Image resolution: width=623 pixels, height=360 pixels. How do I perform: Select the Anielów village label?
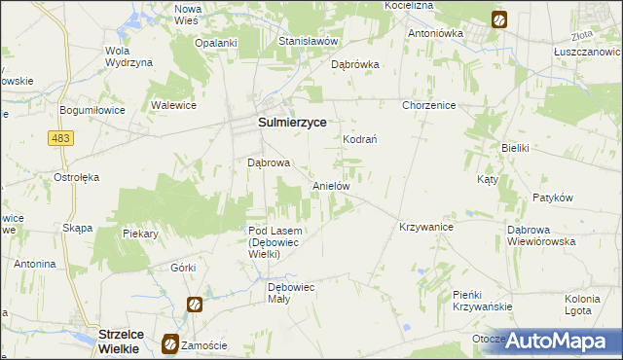pyautogui.click(x=330, y=185)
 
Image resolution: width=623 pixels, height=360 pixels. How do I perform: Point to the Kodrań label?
pyautogui.click(x=359, y=139)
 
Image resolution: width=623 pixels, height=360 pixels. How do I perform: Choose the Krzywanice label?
pyautogui.click(x=426, y=226)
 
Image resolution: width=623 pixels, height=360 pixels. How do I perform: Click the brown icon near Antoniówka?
pyautogui.click(x=498, y=18)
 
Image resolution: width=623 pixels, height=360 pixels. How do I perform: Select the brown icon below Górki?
pyautogui.click(x=195, y=305)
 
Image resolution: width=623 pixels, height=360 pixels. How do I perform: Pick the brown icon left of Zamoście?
pyautogui.click(x=170, y=343)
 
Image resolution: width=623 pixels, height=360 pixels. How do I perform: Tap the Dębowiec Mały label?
pyautogui.click(x=292, y=293)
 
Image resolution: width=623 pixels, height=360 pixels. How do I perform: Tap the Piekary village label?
pyautogui.click(x=141, y=234)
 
